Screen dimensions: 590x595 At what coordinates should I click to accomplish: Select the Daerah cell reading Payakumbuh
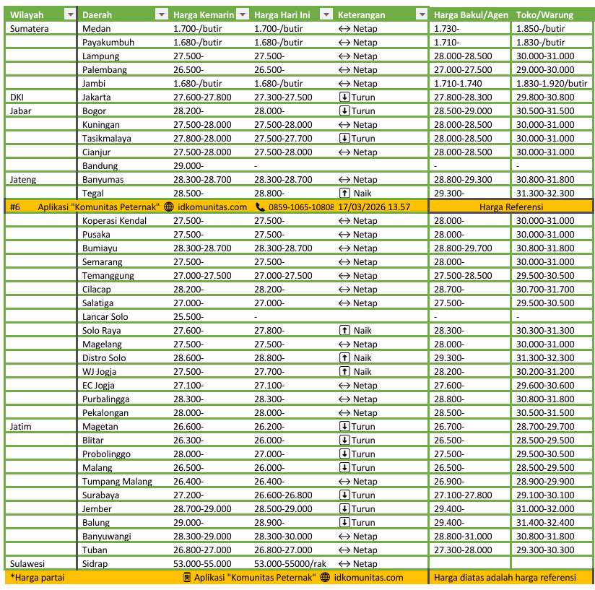pyautogui.click(x=108, y=43)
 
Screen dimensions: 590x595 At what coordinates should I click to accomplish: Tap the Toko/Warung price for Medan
pyautogui.click(x=541, y=29)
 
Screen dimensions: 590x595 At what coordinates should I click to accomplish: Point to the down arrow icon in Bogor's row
pyautogui.click(x=344, y=111)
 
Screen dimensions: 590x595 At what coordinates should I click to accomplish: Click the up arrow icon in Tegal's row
pyautogui.click(x=344, y=194)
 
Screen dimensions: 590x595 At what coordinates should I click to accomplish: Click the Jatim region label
pyautogui.click(x=22, y=426)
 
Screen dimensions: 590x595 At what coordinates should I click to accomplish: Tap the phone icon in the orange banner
pyautogui.click(x=261, y=207)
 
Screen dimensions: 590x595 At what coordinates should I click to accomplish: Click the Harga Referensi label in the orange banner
pyautogui.click(x=511, y=207)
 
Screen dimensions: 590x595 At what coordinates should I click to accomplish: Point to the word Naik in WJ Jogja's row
pyautogui.click(x=362, y=371)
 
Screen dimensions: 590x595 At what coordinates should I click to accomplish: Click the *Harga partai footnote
pyautogui.click(x=33, y=577)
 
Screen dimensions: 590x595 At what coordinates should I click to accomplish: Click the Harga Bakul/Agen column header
pyautogui.click(x=469, y=15)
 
